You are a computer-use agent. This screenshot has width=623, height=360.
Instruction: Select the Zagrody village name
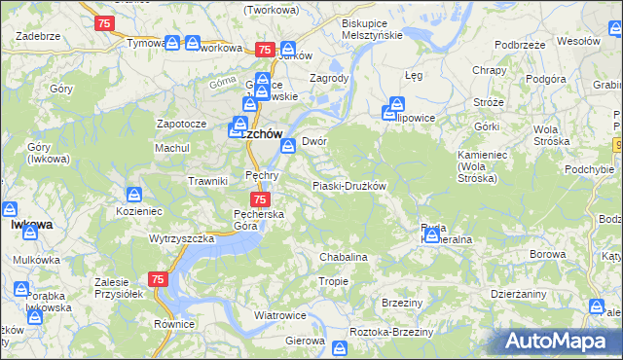(328, 79)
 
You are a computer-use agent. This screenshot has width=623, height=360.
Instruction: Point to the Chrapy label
(488, 70)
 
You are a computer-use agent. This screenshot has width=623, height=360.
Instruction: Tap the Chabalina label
(344, 257)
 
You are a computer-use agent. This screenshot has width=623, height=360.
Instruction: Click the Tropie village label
(333, 281)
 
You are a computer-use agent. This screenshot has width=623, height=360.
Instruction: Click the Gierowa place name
(304, 342)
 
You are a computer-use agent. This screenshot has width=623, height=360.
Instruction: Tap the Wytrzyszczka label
(181, 238)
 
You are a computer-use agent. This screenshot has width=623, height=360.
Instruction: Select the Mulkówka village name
(38, 260)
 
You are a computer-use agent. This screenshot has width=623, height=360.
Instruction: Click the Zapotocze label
(181, 125)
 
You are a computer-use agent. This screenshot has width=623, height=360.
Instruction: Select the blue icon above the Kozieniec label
(136, 194)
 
